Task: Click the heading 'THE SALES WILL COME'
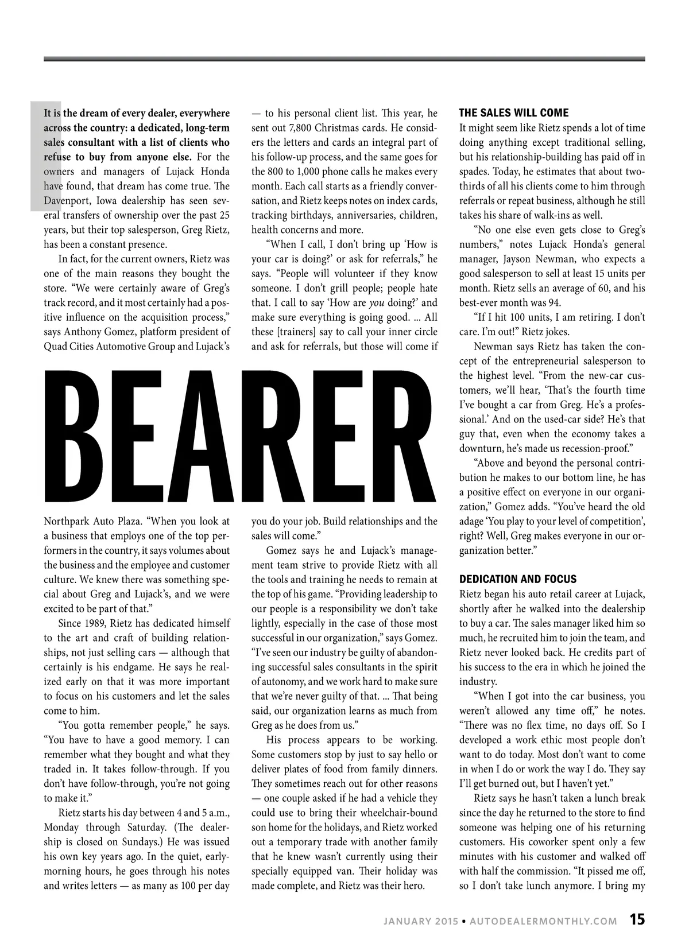tap(514, 113)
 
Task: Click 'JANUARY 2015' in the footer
tap(421, 921)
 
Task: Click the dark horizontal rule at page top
tap(344, 59)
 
